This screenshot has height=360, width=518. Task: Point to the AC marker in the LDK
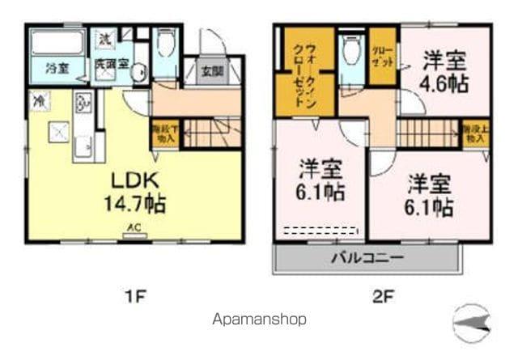(x=131, y=229)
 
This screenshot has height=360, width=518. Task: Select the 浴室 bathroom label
(x=56, y=67)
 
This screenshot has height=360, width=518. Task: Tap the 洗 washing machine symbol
(x=106, y=38)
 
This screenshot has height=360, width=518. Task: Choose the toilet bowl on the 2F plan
(x=351, y=53)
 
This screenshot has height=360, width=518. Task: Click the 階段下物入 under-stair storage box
(x=163, y=133)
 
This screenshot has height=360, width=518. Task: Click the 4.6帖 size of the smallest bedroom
(x=444, y=83)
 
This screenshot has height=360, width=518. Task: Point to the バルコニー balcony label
(x=368, y=259)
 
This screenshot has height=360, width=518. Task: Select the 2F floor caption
(x=382, y=295)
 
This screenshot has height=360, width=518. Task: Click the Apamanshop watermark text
(x=259, y=319)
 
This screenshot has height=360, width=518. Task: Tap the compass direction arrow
(x=472, y=324)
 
